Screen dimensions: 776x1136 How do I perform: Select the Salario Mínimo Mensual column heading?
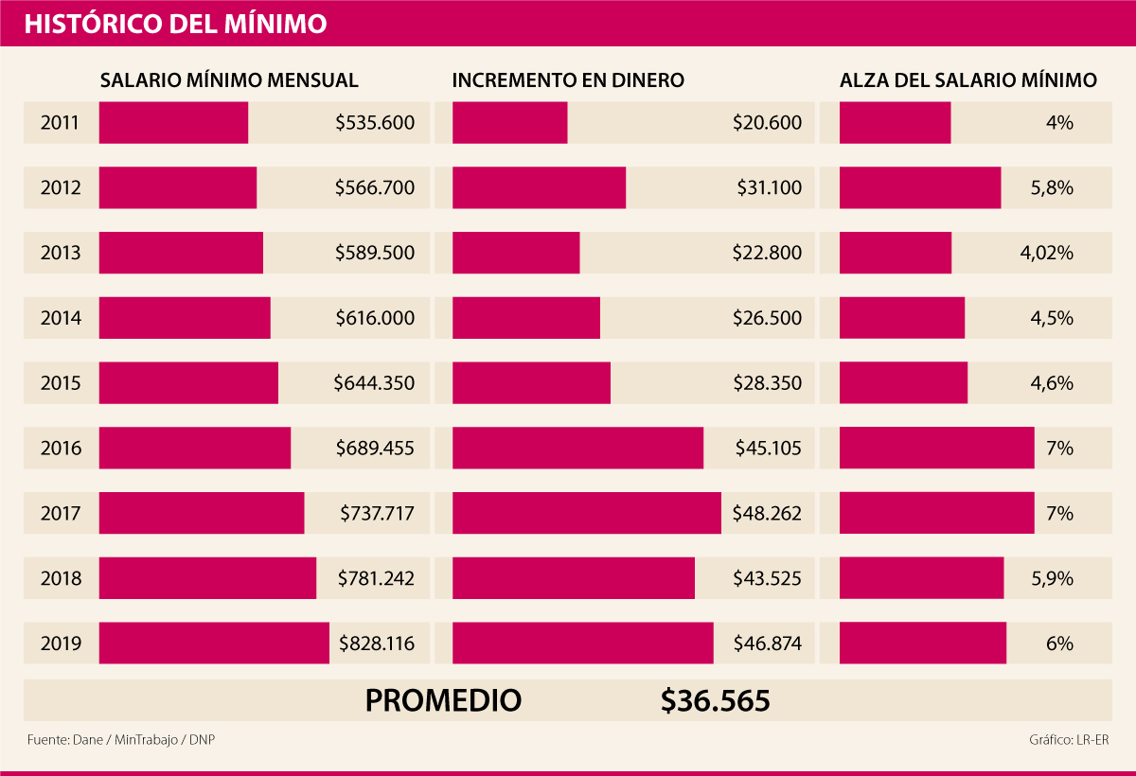pos(229,80)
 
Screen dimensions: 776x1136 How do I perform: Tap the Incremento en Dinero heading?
pos(568,80)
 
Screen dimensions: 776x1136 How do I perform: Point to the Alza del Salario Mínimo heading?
pos(968,80)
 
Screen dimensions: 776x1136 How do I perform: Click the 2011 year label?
pos(60,122)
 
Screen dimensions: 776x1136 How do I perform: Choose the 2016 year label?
pos(60,449)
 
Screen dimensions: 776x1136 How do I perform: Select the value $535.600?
pos(375,122)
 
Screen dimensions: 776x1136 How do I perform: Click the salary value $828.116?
pos(377,644)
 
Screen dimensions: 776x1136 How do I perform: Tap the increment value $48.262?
pos(767,514)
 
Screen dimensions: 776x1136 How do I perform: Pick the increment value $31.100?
pos(769,187)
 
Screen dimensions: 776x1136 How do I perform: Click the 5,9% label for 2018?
pos(1052,578)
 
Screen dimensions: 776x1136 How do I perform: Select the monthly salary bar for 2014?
pos(185,318)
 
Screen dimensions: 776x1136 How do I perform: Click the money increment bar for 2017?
pos(586,514)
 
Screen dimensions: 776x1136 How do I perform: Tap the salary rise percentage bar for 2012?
pos(919,187)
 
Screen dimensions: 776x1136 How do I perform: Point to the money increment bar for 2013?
pos(516,253)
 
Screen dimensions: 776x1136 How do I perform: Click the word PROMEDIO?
pos(443,700)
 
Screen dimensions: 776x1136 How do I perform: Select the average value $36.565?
pos(716,700)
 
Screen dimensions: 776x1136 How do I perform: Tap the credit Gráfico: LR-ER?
pos(1068,739)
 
